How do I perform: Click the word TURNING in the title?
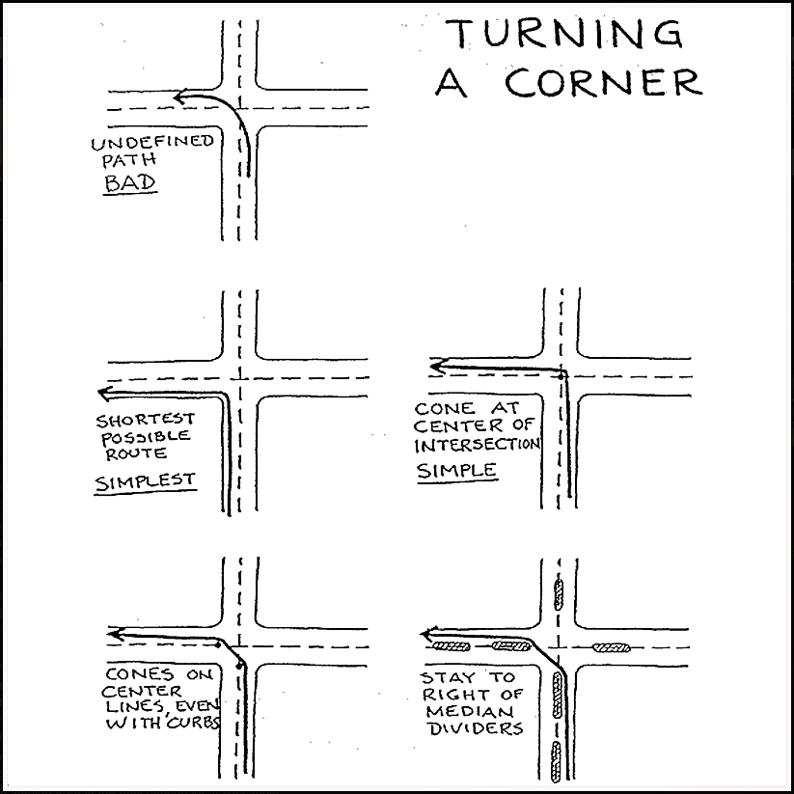[562, 35]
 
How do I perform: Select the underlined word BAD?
[128, 183]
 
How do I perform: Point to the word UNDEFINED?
[152, 144]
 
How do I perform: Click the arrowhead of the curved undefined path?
[180, 96]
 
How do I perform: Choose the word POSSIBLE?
[143, 437]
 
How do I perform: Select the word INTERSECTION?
[478, 446]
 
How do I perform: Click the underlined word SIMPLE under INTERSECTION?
[456, 471]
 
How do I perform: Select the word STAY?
[448, 678]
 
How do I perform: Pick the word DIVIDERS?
[473, 728]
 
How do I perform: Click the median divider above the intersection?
[559, 594]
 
